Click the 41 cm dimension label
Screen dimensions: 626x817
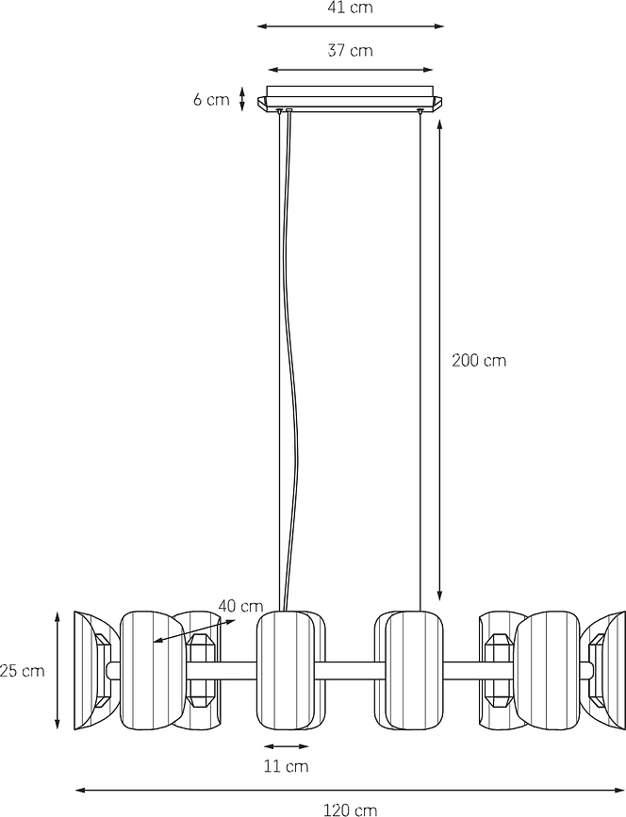point(351,8)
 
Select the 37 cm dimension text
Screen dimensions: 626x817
point(351,51)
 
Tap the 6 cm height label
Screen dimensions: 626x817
point(211,99)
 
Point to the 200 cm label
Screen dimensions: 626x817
point(479,360)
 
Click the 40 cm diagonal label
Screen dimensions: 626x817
point(240,606)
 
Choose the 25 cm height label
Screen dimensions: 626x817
point(23,671)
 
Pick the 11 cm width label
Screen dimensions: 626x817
point(287,766)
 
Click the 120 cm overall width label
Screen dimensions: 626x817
point(351,810)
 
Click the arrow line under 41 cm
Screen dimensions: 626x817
point(351,26)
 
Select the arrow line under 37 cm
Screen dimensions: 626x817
point(351,70)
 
